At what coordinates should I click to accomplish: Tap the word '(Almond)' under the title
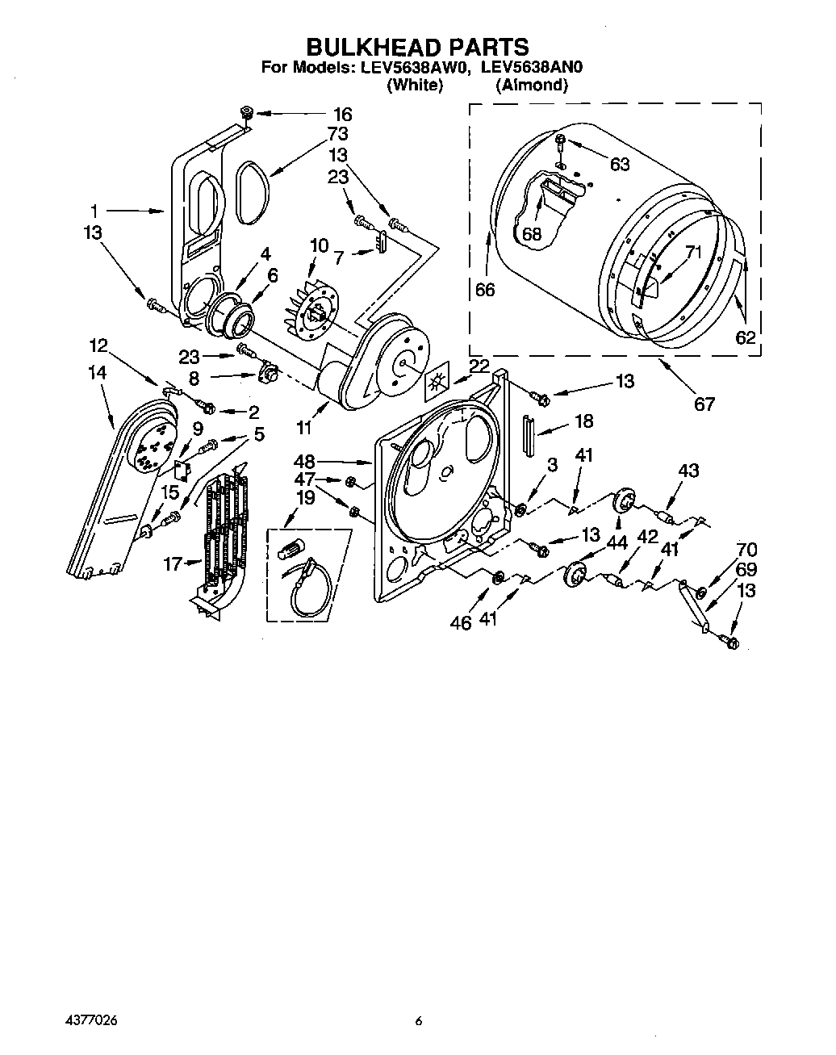click(x=532, y=85)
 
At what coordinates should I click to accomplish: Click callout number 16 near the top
click(x=343, y=114)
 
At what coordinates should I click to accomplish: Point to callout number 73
click(x=337, y=133)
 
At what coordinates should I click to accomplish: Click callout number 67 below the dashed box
click(x=704, y=404)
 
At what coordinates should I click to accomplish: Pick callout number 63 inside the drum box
click(x=619, y=165)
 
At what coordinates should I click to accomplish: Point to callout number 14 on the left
click(x=98, y=373)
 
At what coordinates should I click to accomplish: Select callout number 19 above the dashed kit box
click(x=305, y=498)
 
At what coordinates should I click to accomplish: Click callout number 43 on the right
click(x=688, y=471)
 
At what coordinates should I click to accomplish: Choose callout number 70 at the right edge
click(x=746, y=550)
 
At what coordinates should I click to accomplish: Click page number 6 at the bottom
click(x=418, y=1021)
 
